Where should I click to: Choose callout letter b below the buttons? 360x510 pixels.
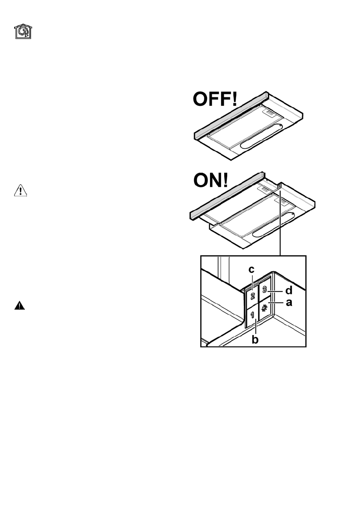[256, 340]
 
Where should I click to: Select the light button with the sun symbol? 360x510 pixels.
[265, 308]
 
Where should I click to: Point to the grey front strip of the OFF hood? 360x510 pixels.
[231, 116]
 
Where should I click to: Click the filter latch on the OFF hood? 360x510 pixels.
[268, 113]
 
